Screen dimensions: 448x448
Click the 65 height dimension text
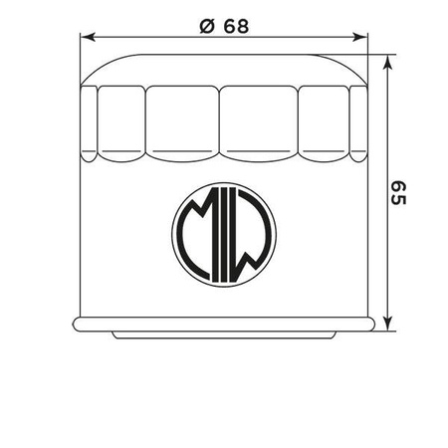coord(399,194)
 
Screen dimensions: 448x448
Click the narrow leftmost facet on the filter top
coord(87,124)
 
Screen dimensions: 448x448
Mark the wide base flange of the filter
coord(223,325)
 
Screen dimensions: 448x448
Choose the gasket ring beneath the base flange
coord(223,336)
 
